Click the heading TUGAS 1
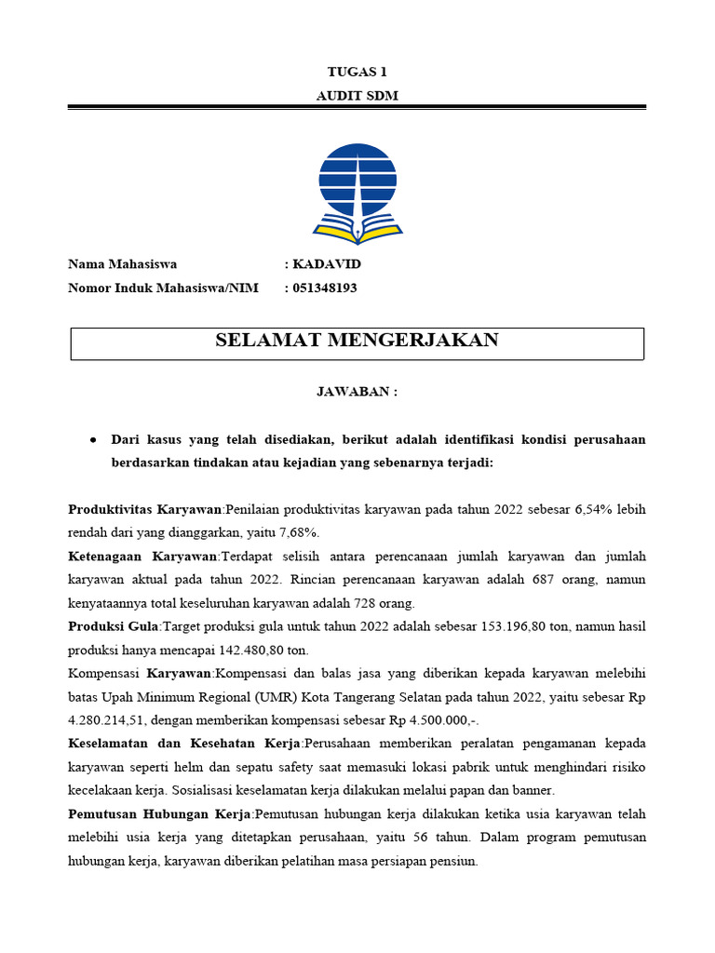(x=357, y=72)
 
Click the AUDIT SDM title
(x=357, y=96)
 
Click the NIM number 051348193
(x=325, y=288)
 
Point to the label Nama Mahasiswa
(x=122, y=264)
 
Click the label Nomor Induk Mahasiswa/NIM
(x=163, y=288)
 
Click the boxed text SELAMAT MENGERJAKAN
(x=357, y=341)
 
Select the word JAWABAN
(x=353, y=392)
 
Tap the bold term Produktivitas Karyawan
(x=145, y=509)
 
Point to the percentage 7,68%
(x=297, y=532)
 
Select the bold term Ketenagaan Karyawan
(x=142, y=556)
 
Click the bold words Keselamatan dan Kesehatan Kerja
(x=184, y=744)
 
